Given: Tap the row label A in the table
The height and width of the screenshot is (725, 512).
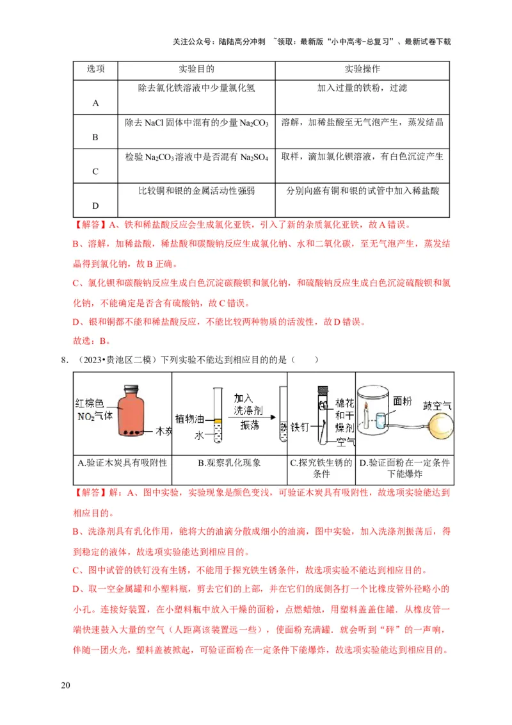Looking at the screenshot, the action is coord(95,103).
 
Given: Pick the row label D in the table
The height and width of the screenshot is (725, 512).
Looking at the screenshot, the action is coord(95,206).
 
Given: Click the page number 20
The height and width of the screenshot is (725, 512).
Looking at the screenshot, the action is coord(65,686).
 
